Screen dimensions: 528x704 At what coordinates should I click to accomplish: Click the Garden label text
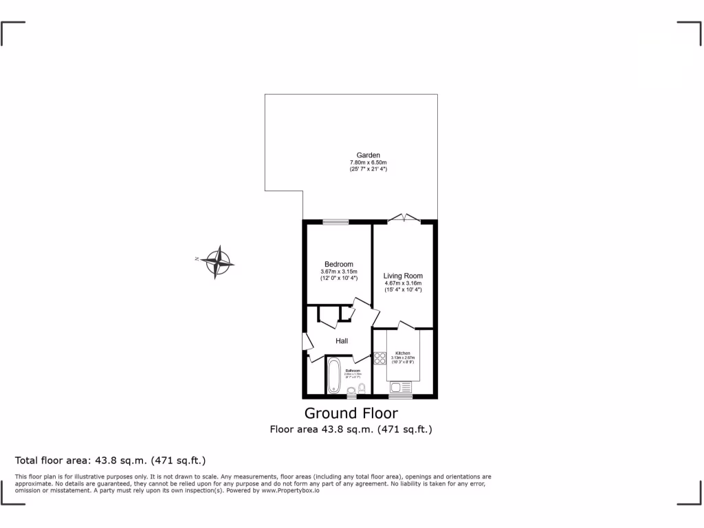click(x=368, y=155)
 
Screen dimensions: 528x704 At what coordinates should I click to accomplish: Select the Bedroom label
click(x=339, y=265)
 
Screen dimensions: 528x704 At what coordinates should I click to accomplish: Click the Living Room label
click(x=403, y=276)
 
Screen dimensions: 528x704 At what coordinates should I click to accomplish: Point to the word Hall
click(x=342, y=341)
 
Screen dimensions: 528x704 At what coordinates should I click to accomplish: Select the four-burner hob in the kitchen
click(x=380, y=358)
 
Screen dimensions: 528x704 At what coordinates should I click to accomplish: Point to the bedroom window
click(x=336, y=221)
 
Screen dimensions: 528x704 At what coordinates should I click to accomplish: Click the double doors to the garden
click(x=404, y=219)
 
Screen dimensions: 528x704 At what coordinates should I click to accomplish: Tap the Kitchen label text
click(x=402, y=353)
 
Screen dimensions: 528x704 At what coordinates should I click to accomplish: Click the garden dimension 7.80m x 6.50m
click(x=368, y=162)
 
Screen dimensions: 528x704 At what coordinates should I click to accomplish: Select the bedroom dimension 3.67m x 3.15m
click(x=339, y=272)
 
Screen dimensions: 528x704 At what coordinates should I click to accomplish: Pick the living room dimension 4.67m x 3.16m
click(x=403, y=283)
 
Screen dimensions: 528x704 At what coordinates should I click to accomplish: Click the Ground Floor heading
click(x=351, y=413)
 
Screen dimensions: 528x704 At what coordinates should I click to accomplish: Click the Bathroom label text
click(x=353, y=370)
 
